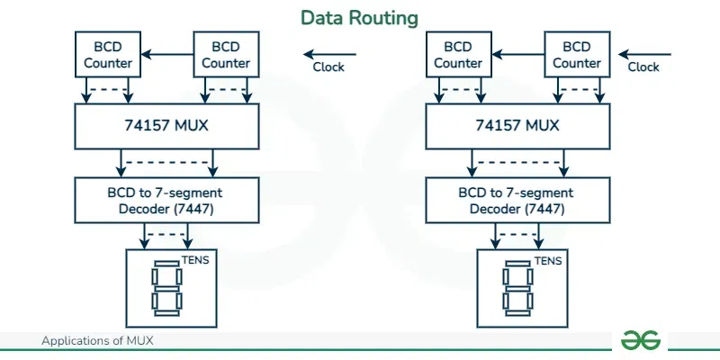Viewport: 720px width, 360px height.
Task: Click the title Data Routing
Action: (359, 18)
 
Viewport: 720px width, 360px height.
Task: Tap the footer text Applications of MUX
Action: (103, 341)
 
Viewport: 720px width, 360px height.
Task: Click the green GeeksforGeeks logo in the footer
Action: (640, 339)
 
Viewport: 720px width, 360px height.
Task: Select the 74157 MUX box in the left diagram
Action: (166, 125)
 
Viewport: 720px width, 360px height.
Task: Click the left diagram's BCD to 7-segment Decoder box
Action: (166, 199)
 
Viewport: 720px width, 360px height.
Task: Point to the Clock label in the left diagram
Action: (328, 67)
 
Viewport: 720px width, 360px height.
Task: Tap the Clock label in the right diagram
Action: (643, 67)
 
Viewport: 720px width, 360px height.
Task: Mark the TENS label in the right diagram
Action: (548, 261)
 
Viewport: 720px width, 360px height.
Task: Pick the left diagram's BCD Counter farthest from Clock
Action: (108, 54)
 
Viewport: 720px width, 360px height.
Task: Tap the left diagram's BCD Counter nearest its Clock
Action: (226, 54)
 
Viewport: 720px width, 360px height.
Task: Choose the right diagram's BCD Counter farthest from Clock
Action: (458, 54)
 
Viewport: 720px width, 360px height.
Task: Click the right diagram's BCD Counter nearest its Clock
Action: (576, 54)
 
